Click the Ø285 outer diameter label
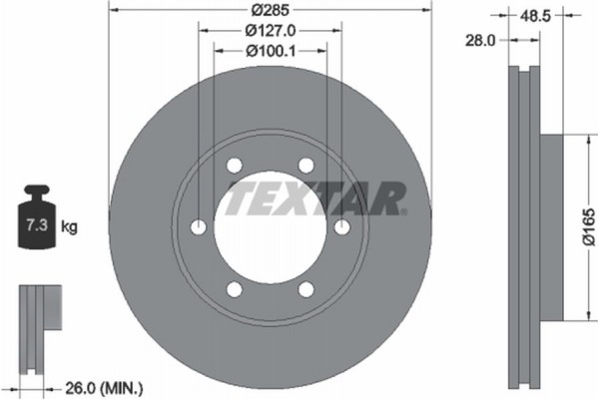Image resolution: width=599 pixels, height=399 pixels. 270,11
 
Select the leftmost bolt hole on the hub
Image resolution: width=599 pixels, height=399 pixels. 199,228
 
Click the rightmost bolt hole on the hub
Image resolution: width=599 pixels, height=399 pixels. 342,228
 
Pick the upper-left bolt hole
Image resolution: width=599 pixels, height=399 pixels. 235,167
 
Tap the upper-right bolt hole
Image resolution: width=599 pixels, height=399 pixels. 306,167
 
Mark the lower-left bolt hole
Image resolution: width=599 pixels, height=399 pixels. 235,290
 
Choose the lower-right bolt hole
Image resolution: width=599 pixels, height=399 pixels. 306,290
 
